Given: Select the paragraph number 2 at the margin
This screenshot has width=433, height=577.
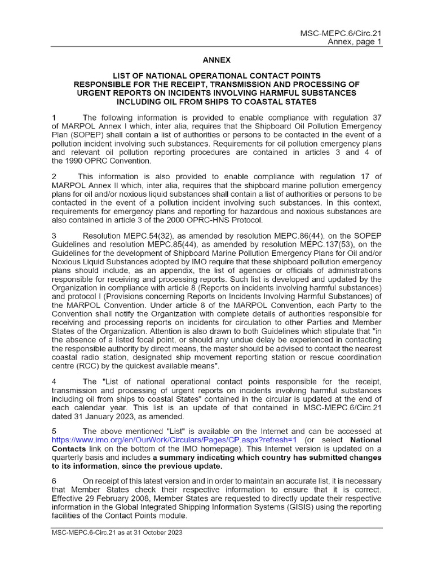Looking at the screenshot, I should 54,177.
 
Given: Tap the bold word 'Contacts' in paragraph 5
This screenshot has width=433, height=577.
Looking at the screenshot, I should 70,449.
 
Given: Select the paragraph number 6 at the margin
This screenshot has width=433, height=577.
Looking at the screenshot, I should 54,481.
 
